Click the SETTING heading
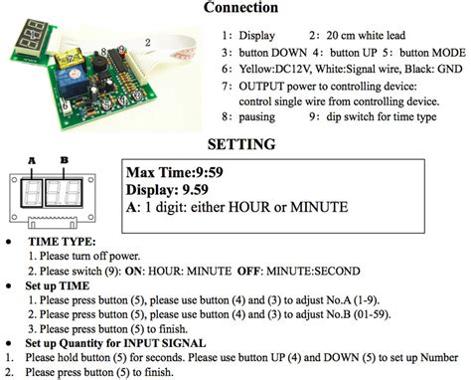235,145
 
